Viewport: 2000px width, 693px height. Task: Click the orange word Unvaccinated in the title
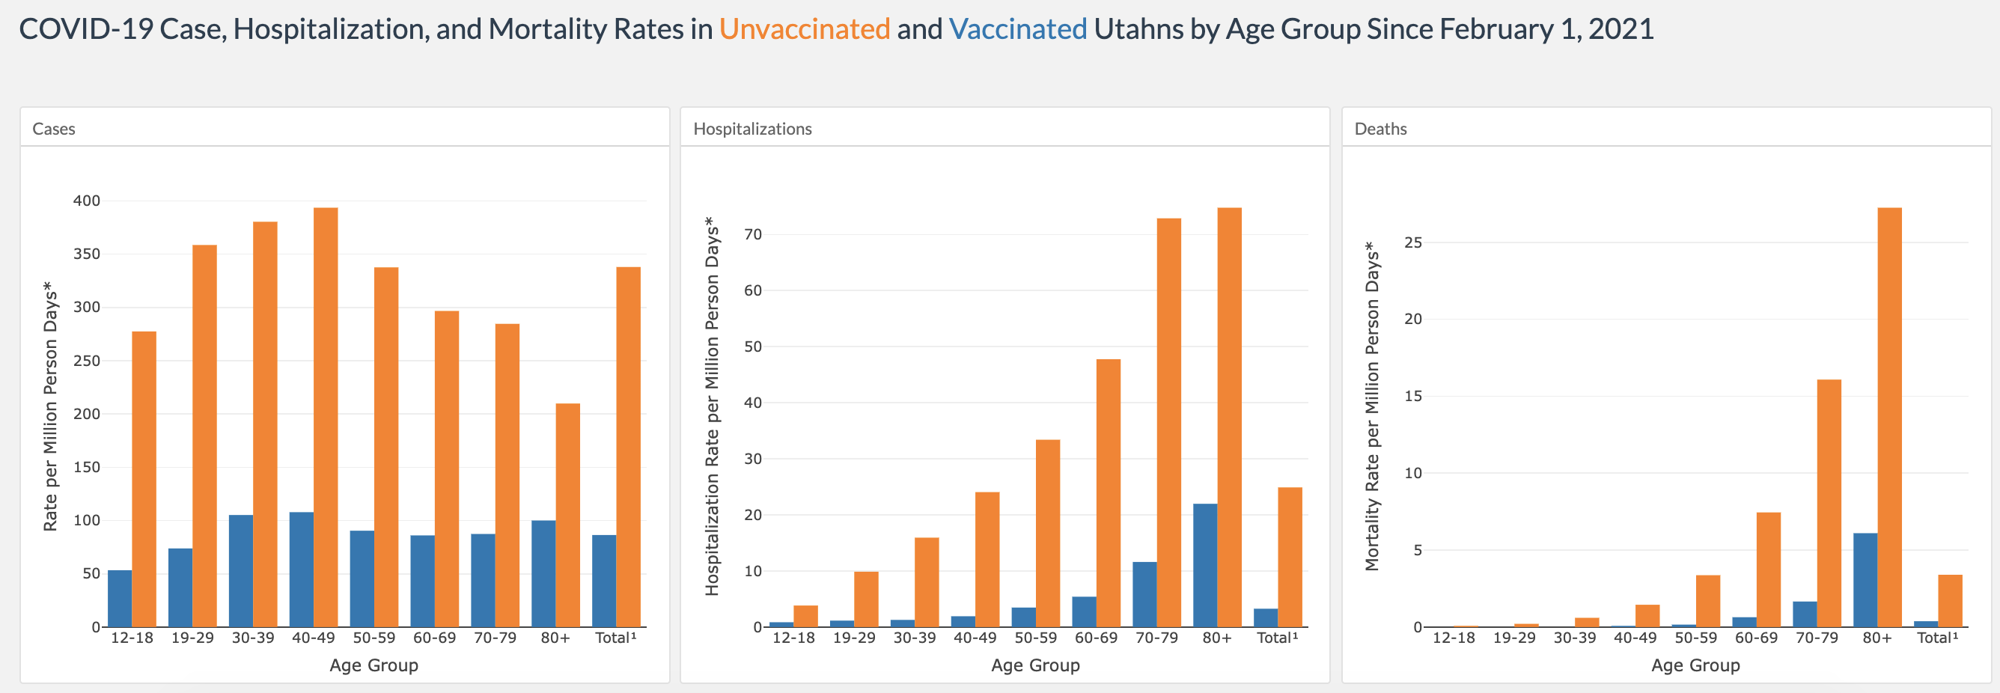tap(805, 28)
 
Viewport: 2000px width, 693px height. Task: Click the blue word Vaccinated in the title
tap(1018, 28)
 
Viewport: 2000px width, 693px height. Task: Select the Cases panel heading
tap(54, 129)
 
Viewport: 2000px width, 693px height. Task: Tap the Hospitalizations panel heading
tap(752, 129)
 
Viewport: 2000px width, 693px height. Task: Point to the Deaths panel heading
tap(1380, 129)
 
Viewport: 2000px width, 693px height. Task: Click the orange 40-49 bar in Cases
tap(326, 418)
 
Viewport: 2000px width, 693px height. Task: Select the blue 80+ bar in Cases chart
tap(543, 573)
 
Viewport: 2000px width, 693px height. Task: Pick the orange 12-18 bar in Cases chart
tap(144, 480)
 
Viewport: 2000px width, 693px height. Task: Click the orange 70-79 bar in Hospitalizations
tap(1168, 423)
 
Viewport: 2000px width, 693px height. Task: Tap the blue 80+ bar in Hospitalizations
tap(1205, 566)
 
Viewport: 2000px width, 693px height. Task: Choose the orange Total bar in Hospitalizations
tap(1290, 558)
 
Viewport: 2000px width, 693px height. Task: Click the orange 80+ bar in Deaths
tap(1890, 418)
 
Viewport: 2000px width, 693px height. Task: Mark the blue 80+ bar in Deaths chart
tap(1865, 581)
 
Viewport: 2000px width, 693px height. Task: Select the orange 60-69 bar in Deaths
tap(1769, 570)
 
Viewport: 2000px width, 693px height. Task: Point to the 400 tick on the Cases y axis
tap(87, 201)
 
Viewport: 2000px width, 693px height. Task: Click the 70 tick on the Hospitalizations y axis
tap(753, 234)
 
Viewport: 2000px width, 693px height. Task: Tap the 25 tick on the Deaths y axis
tap(1413, 242)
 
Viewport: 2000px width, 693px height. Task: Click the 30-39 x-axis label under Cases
tap(253, 638)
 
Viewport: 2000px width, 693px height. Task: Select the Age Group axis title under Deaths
tap(1695, 665)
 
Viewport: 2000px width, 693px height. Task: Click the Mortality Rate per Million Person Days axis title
tap(1373, 406)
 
